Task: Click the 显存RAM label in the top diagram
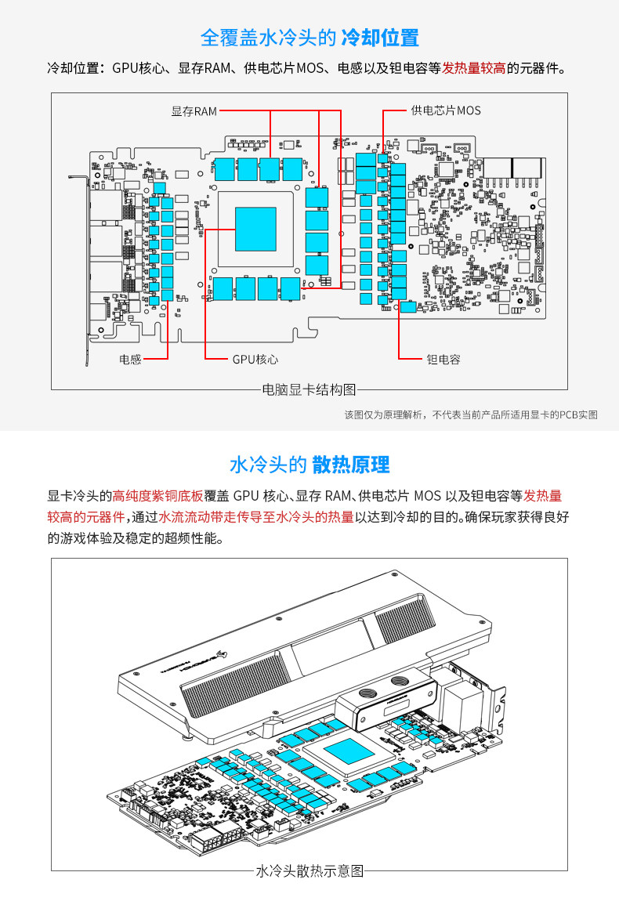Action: click(194, 111)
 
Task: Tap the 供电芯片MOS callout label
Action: click(445, 110)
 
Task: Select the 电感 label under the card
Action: click(130, 360)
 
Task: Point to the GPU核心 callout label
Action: click(255, 360)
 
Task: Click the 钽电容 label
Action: click(443, 360)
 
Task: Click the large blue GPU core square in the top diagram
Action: click(256, 229)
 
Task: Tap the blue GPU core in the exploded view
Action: click(349, 752)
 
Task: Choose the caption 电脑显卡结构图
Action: click(309, 389)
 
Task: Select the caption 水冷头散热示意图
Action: click(309, 870)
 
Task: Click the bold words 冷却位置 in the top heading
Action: click(380, 38)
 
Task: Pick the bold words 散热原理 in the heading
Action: click(350, 465)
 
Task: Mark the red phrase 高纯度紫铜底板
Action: click(157, 496)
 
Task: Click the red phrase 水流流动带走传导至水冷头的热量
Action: click(255, 517)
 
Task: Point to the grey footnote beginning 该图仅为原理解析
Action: click(471, 414)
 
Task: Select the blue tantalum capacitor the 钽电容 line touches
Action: click(407, 308)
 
